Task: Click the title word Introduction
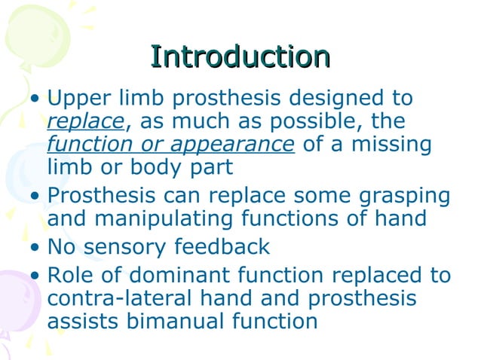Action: [240, 57]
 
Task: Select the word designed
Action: [326, 99]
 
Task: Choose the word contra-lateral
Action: [132, 297]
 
